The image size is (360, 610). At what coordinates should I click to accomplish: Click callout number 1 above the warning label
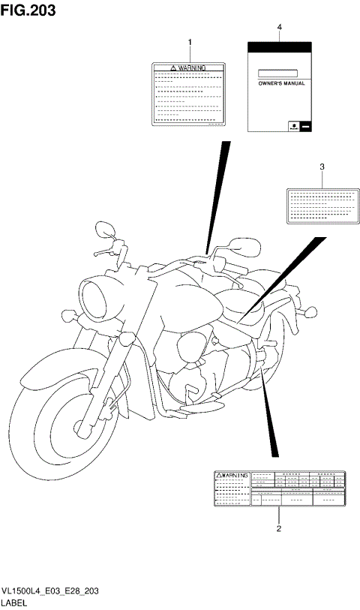(x=190, y=41)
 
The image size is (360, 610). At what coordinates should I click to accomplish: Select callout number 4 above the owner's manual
(x=279, y=27)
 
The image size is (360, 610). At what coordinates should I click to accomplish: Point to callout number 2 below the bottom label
(x=279, y=529)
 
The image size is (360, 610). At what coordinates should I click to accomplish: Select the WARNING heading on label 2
(x=232, y=476)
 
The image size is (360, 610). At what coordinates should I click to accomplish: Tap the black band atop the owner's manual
(x=279, y=47)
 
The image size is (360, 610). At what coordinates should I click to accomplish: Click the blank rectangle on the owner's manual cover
(x=278, y=74)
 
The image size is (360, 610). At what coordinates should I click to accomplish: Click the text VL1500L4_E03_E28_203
(x=51, y=592)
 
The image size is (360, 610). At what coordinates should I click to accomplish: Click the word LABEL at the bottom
(x=15, y=602)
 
